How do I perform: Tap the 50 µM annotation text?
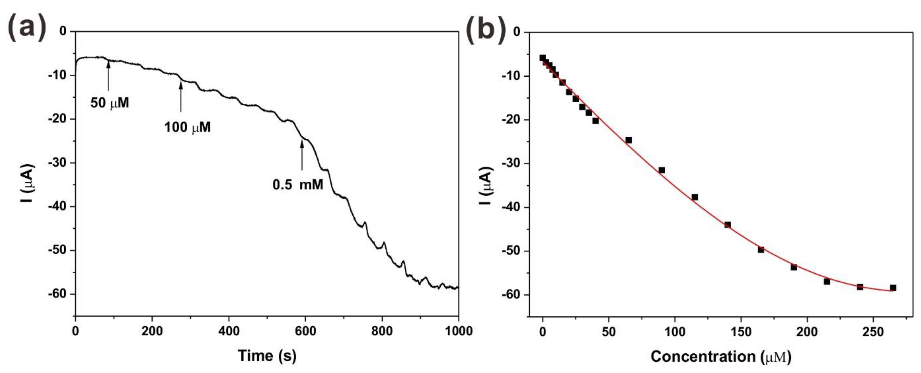pyautogui.click(x=109, y=103)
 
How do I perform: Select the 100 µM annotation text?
pyautogui.click(x=187, y=127)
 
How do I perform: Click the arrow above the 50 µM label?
pyautogui.click(x=108, y=75)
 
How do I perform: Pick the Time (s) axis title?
pyautogui.click(x=267, y=356)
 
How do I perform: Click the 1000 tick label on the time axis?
pyautogui.click(x=458, y=331)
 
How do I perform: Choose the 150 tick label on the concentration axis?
pyautogui.click(x=741, y=332)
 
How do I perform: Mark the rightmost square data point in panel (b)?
pyautogui.click(x=893, y=288)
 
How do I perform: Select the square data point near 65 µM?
pyautogui.click(x=628, y=140)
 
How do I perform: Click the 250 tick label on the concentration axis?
pyautogui.click(x=873, y=332)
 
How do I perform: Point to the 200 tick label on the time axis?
pyautogui.click(x=152, y=331)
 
